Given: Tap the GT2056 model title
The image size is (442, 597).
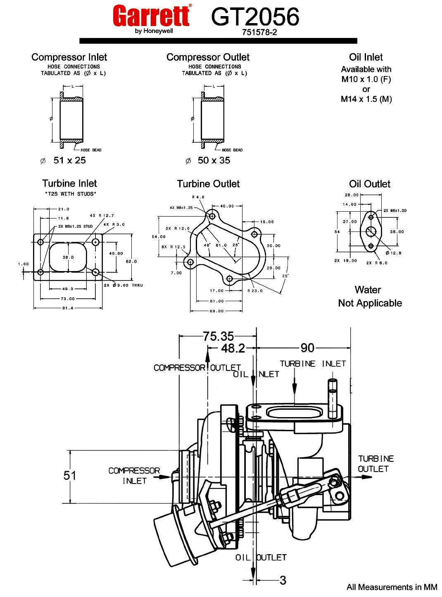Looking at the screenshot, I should (255, 17).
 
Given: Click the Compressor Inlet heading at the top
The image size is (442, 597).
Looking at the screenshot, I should (69, 57).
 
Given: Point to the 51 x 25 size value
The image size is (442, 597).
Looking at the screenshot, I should (69, 160).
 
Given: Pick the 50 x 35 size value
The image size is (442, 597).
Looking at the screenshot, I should (214, 160).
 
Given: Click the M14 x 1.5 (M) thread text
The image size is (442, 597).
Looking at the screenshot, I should (366, 99).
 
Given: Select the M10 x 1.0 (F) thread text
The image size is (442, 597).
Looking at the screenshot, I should (366, 79).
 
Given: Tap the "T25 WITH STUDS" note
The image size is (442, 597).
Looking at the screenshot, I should (70, 194).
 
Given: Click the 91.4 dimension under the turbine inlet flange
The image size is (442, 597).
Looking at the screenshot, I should (67, 308).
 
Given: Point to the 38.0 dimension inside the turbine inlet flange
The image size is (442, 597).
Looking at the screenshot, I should (68, 257).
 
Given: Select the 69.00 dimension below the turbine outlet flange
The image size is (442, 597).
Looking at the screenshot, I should (216, 311).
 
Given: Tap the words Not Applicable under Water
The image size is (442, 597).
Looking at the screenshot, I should (370, 303).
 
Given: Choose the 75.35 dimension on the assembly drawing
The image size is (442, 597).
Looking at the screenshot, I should (218, 336).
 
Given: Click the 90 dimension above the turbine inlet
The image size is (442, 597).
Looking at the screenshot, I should (307, 348).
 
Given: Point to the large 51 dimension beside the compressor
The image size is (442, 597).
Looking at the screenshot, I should (70, 475).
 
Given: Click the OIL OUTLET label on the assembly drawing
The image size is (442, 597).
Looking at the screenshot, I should (261, 557).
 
